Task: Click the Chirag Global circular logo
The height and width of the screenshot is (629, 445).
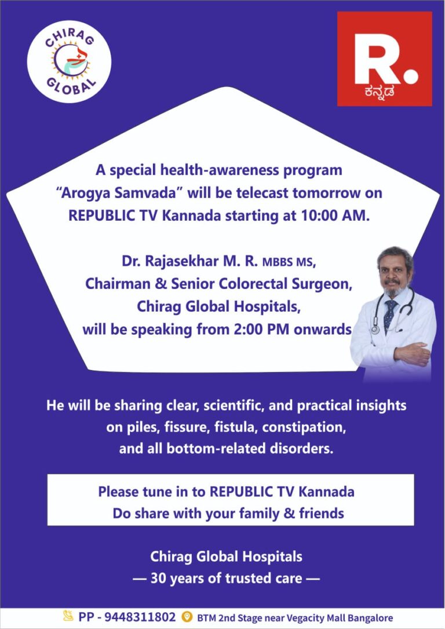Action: [69, 61]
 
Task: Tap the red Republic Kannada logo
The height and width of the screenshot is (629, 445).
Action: [384, 58]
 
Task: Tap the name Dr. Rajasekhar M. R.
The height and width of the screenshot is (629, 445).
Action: [190, 261]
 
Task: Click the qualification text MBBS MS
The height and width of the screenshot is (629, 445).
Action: [288, 262]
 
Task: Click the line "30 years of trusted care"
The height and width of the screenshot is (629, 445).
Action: [226, 577]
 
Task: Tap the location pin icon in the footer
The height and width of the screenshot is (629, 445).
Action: [187, 617]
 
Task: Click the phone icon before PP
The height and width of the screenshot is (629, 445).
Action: [68, 617]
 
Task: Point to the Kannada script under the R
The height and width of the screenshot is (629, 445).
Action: [378, 91]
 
